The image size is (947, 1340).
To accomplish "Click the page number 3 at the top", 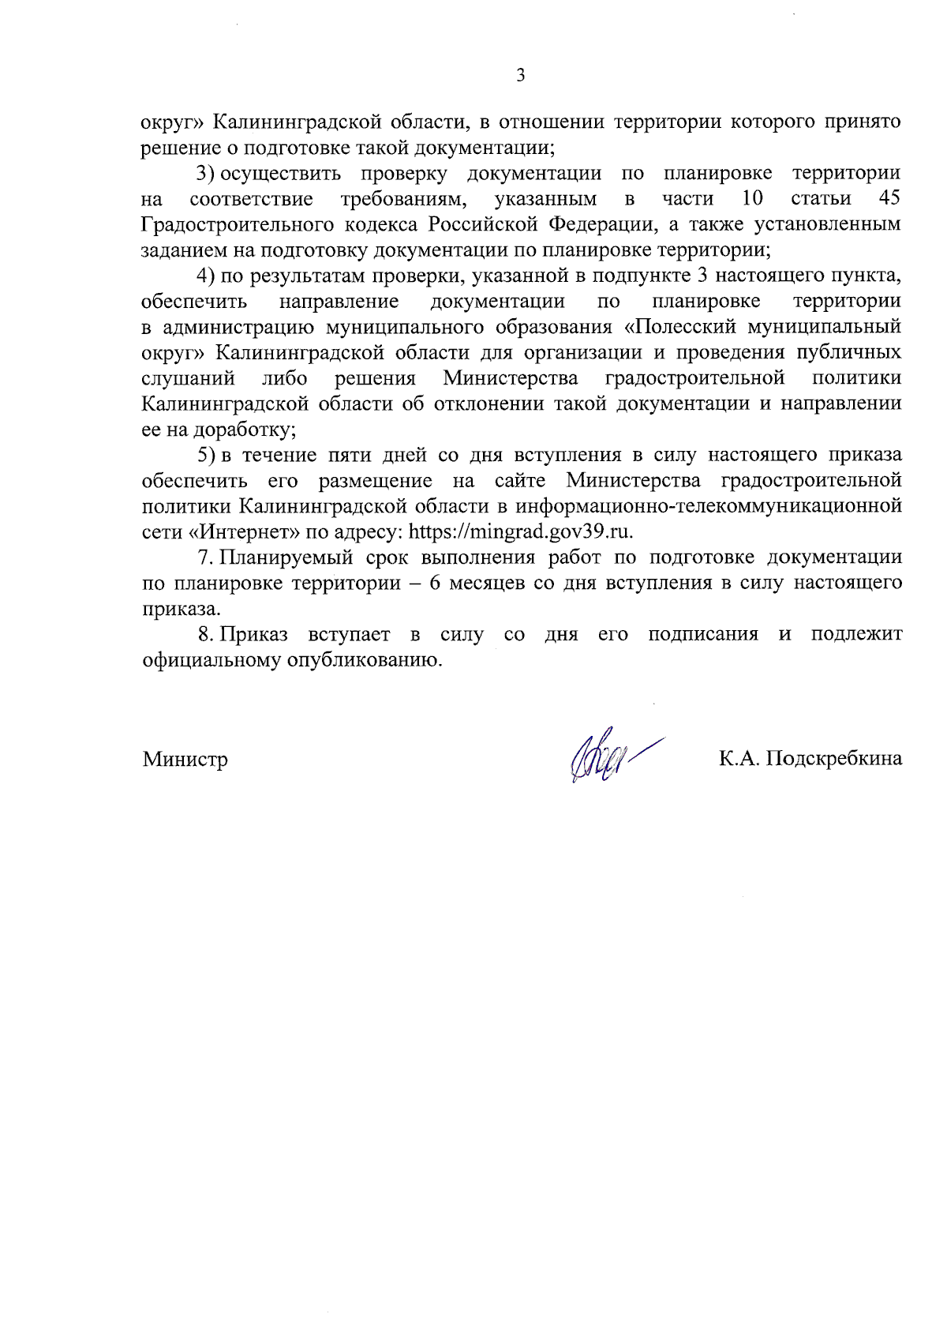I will (x=520, y=76).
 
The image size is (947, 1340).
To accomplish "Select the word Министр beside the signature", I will (x=185, y=760).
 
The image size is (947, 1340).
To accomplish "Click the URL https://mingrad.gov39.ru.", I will (x=520, y=531).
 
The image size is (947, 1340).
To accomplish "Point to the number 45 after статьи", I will (x=889, y=198).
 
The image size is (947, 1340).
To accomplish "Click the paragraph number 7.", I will (x=205, y=557).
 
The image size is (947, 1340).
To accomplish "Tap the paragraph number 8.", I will (x=205, y=634).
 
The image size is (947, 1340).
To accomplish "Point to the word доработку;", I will (x=245, y=430).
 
